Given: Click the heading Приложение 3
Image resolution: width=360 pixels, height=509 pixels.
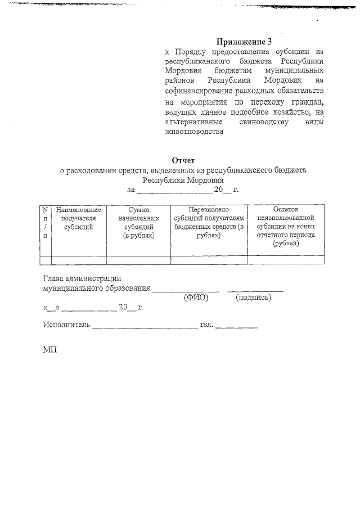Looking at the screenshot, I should click(x=244, y=42).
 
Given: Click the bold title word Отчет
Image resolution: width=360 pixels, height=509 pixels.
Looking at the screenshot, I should click(x=183, y=160).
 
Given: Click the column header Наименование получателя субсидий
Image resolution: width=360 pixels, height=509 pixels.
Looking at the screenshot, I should click(x=79, y=218).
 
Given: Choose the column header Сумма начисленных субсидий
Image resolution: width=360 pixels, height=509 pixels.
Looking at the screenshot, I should click(x=138, y=222).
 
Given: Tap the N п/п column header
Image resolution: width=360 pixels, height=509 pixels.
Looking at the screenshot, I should click(x=44, y=222).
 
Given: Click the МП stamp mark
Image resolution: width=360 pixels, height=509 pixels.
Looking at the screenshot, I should click(x=50, y=349).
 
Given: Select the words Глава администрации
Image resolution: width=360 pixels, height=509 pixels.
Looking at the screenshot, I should click(x=82, y=278).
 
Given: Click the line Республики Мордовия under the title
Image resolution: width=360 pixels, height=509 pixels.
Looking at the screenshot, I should click(x=183, y=181).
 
